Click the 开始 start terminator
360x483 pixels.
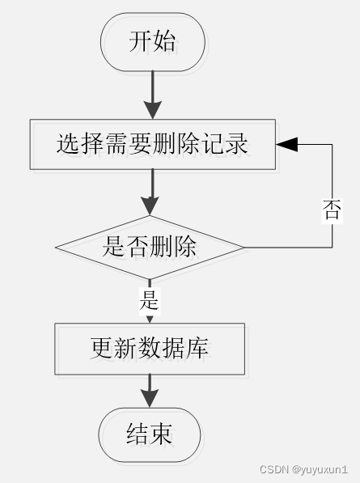[x=152, y=42]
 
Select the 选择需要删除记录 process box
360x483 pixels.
[x=152, y=144]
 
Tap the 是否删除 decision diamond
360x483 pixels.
[x=150, y=247]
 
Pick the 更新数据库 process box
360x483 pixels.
[x=150, y=349]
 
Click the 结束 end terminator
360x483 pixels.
[x=150, y=434]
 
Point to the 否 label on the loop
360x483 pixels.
[x=332, y=210]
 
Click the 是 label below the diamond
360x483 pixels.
[x=150, y=300]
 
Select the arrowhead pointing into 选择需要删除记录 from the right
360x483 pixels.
[x=287, y=144]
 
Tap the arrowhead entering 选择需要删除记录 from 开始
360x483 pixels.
[x=152, y=110]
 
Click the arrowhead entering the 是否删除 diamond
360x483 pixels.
[x=150, y=206]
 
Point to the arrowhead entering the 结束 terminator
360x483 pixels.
[x=150, y=398]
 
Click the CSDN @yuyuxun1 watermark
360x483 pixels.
[x=303, y=469]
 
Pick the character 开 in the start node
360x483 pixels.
[x=141, y=41]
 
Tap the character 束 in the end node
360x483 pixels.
[x=161, y=434]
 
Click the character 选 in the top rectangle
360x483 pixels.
[x=68, y=144]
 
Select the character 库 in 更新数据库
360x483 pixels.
[x=197, y=348]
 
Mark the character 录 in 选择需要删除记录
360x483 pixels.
[x=236, y=144]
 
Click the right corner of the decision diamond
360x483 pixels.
[x=244, y=247]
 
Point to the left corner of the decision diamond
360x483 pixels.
[x=56, y=247]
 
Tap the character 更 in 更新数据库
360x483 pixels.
[x=102, y=348]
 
